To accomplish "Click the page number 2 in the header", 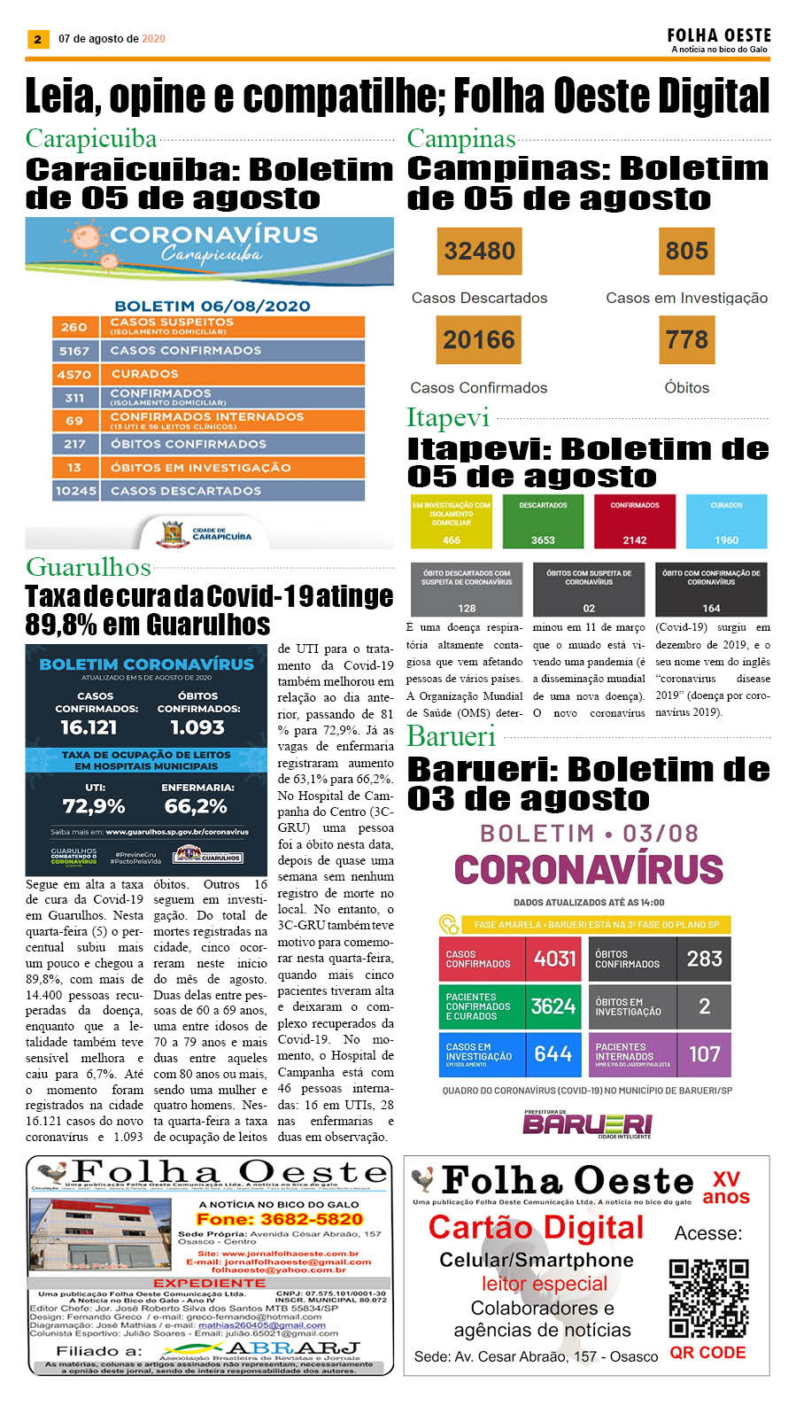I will (37, 39).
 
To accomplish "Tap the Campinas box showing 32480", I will (479, 252).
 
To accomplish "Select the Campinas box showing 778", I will (686, 340).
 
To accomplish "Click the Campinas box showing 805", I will (686, 252).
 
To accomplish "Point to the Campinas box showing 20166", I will (479, 340).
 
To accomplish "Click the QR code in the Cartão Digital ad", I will (708, 1298).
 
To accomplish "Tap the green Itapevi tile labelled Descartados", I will (543, 522).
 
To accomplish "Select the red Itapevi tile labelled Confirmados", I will (635, 522).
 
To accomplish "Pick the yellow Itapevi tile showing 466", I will (451, 522).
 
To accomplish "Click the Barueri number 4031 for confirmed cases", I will (554, 959).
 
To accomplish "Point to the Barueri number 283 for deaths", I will (705, 959).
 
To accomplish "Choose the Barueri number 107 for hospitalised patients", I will (705, 1054).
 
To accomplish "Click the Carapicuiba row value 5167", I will (74, 351).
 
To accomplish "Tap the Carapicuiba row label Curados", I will (144, 374).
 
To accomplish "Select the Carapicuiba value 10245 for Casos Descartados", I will (75, 491).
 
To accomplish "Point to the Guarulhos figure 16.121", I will (89, 727).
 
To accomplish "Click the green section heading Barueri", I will (451, 736).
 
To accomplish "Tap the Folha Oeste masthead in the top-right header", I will (719, 35).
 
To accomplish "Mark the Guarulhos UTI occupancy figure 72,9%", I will (94, 806).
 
